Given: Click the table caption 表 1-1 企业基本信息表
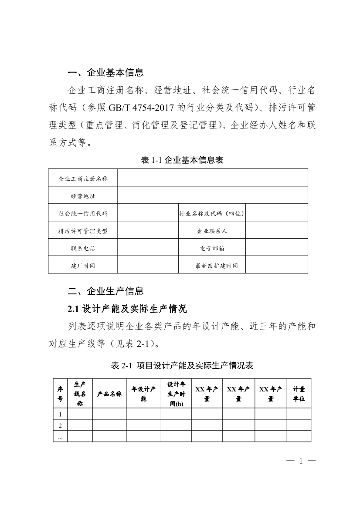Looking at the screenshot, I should point(182,160).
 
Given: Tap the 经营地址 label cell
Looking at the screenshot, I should point(83,196).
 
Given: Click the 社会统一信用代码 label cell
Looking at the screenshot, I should point(83,213).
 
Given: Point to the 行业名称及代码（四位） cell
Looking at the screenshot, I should point(212,213).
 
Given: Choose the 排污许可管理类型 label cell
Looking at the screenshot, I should point(83,231).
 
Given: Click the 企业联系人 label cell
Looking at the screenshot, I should point(212,231).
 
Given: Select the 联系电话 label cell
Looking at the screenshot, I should point(83,248).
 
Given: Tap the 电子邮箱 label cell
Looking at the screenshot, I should point(212,248).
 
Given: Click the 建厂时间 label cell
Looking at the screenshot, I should point(83,265).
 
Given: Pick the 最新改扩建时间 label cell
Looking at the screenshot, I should point(212,265).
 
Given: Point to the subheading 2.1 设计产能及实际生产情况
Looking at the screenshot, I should point(127,309).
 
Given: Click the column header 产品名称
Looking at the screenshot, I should point(109,394).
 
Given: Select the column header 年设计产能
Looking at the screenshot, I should point(143,394).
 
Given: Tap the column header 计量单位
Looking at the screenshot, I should point(299,394).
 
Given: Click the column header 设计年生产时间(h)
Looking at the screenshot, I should point(176,394).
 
